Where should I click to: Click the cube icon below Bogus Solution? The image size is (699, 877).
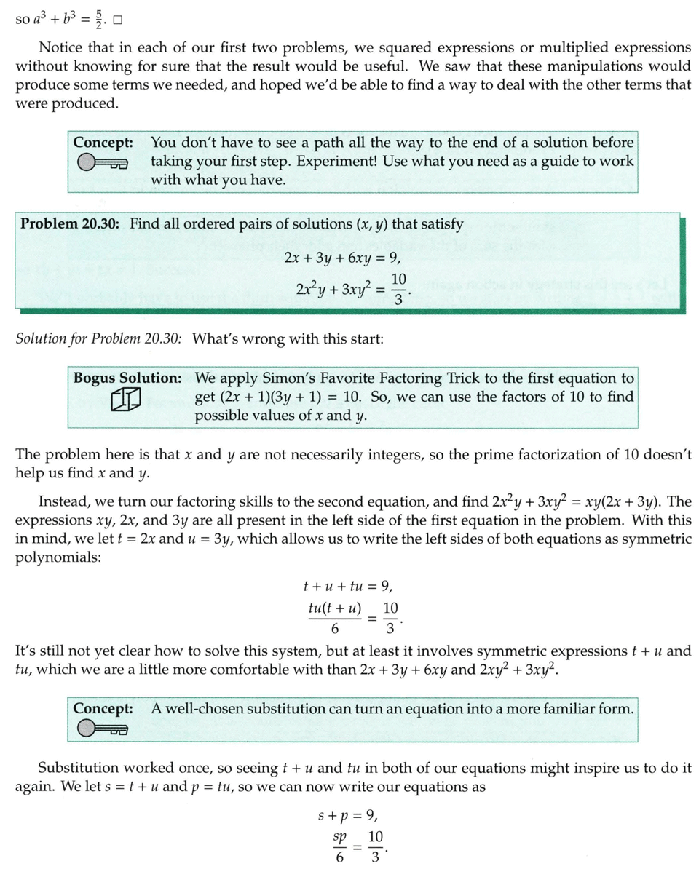(x=125, y=400)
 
